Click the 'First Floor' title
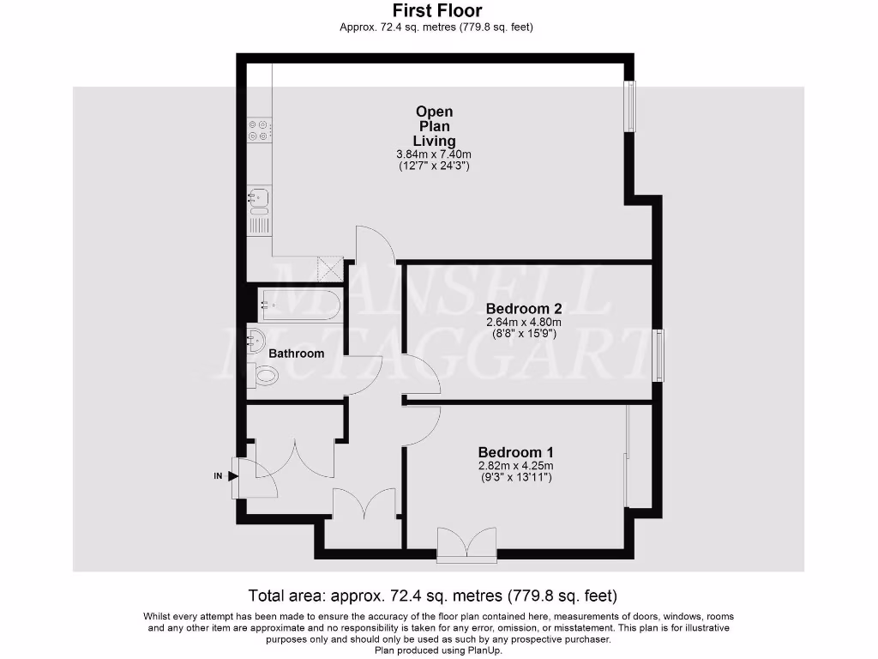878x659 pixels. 436,10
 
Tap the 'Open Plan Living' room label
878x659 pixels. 435,126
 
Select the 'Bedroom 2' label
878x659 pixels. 524,309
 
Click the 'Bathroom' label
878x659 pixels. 297,354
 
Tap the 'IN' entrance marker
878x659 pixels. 219,475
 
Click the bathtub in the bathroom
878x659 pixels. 300,305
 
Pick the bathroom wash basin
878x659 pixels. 256,339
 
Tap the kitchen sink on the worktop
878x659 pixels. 259,200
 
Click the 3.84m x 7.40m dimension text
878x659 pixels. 435,154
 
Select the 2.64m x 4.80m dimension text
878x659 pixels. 524,323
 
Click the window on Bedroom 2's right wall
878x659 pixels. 658,355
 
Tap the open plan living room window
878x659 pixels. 630,106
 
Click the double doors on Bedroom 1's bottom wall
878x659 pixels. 466,544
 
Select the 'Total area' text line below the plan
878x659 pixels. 432,595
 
